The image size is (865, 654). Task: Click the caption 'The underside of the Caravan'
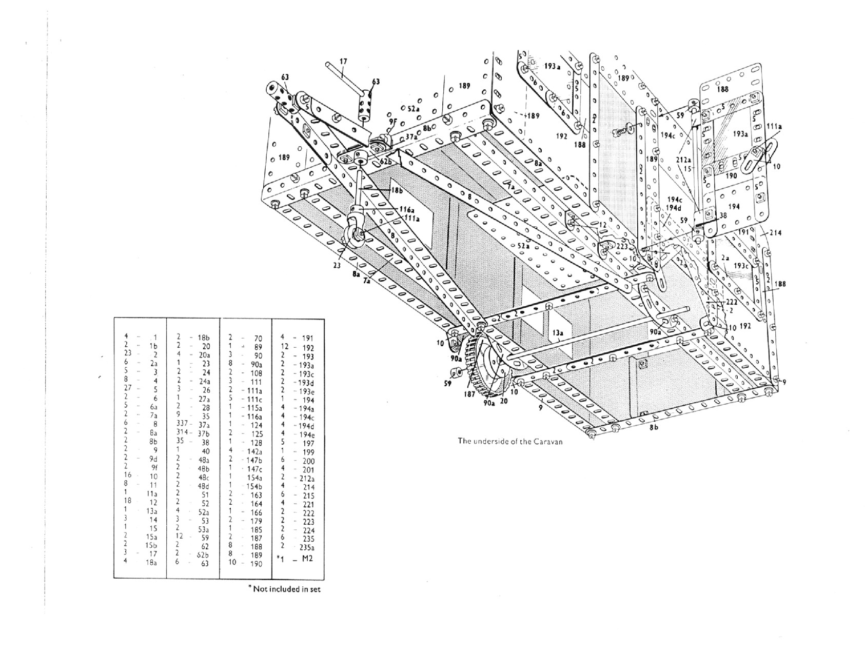pos(510,441)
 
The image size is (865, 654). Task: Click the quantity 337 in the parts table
pos(183,425)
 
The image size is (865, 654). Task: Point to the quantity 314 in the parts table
pos(183,433)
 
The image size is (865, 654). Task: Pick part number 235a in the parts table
pos(306,547)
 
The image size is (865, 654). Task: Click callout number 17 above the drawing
pos(343,62)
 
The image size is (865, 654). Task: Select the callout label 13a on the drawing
pos(559,332)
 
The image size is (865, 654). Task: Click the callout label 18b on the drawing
pos(397,190)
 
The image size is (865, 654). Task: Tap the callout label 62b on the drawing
pos(386,161)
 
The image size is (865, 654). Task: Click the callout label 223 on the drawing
pos(622,247)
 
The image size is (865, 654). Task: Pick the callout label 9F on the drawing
pos(392,121)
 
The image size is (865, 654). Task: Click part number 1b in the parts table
pos(152,346)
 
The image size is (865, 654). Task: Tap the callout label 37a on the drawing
pos(411,136)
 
